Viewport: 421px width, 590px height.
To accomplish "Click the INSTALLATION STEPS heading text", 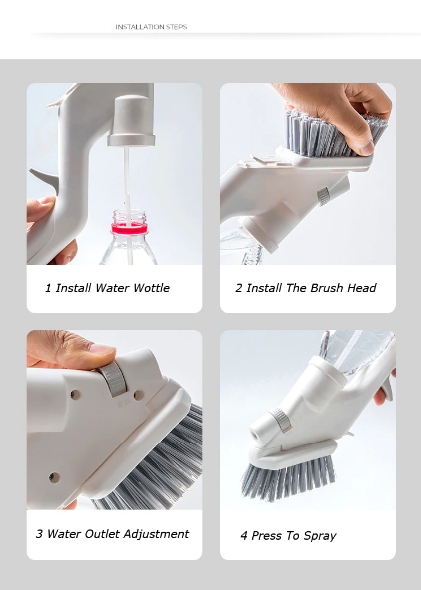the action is pyautogui.click(x=151, y=27).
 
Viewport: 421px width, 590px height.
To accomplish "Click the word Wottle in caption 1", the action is pyautogui.click(x=152, y=288).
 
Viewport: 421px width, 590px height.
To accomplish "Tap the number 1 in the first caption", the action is pyautogui.click(x=48, y=288).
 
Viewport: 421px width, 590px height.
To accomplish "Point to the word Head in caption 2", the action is pyautogui.click(x=361, y=288).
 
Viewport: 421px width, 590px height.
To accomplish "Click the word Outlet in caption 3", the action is pyautogui.click(x=102, y=534).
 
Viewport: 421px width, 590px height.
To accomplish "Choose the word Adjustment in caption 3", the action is pyautogui.click(x=156, y=534).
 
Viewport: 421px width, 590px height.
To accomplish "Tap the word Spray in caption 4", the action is pyautogui.click(x=320, y=536).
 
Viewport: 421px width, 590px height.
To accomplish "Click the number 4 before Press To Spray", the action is pyautogui.click(x=244, y=536).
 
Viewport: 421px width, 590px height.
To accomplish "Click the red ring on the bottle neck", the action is pyautogui.click(x=129, y=228).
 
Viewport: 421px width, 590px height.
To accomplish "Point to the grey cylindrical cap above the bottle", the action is pyautogui.click(x=131, y=120).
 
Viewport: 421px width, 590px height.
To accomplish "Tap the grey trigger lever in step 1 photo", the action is pyautogui.click(x=43, y=178).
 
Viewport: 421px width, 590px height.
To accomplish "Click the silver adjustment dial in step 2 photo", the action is pyautogui.click(x=323, y=196).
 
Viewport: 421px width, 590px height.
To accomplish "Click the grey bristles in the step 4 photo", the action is pyautogui.click(x=288, y=476).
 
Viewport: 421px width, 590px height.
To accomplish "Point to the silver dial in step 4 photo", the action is pyautogui.click(x=281, y=420).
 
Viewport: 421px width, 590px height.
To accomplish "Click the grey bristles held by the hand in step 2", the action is pyautogui.click(x=331, y=134).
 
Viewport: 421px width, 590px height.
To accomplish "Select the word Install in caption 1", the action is pyautogui.click(x=74, y=288).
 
